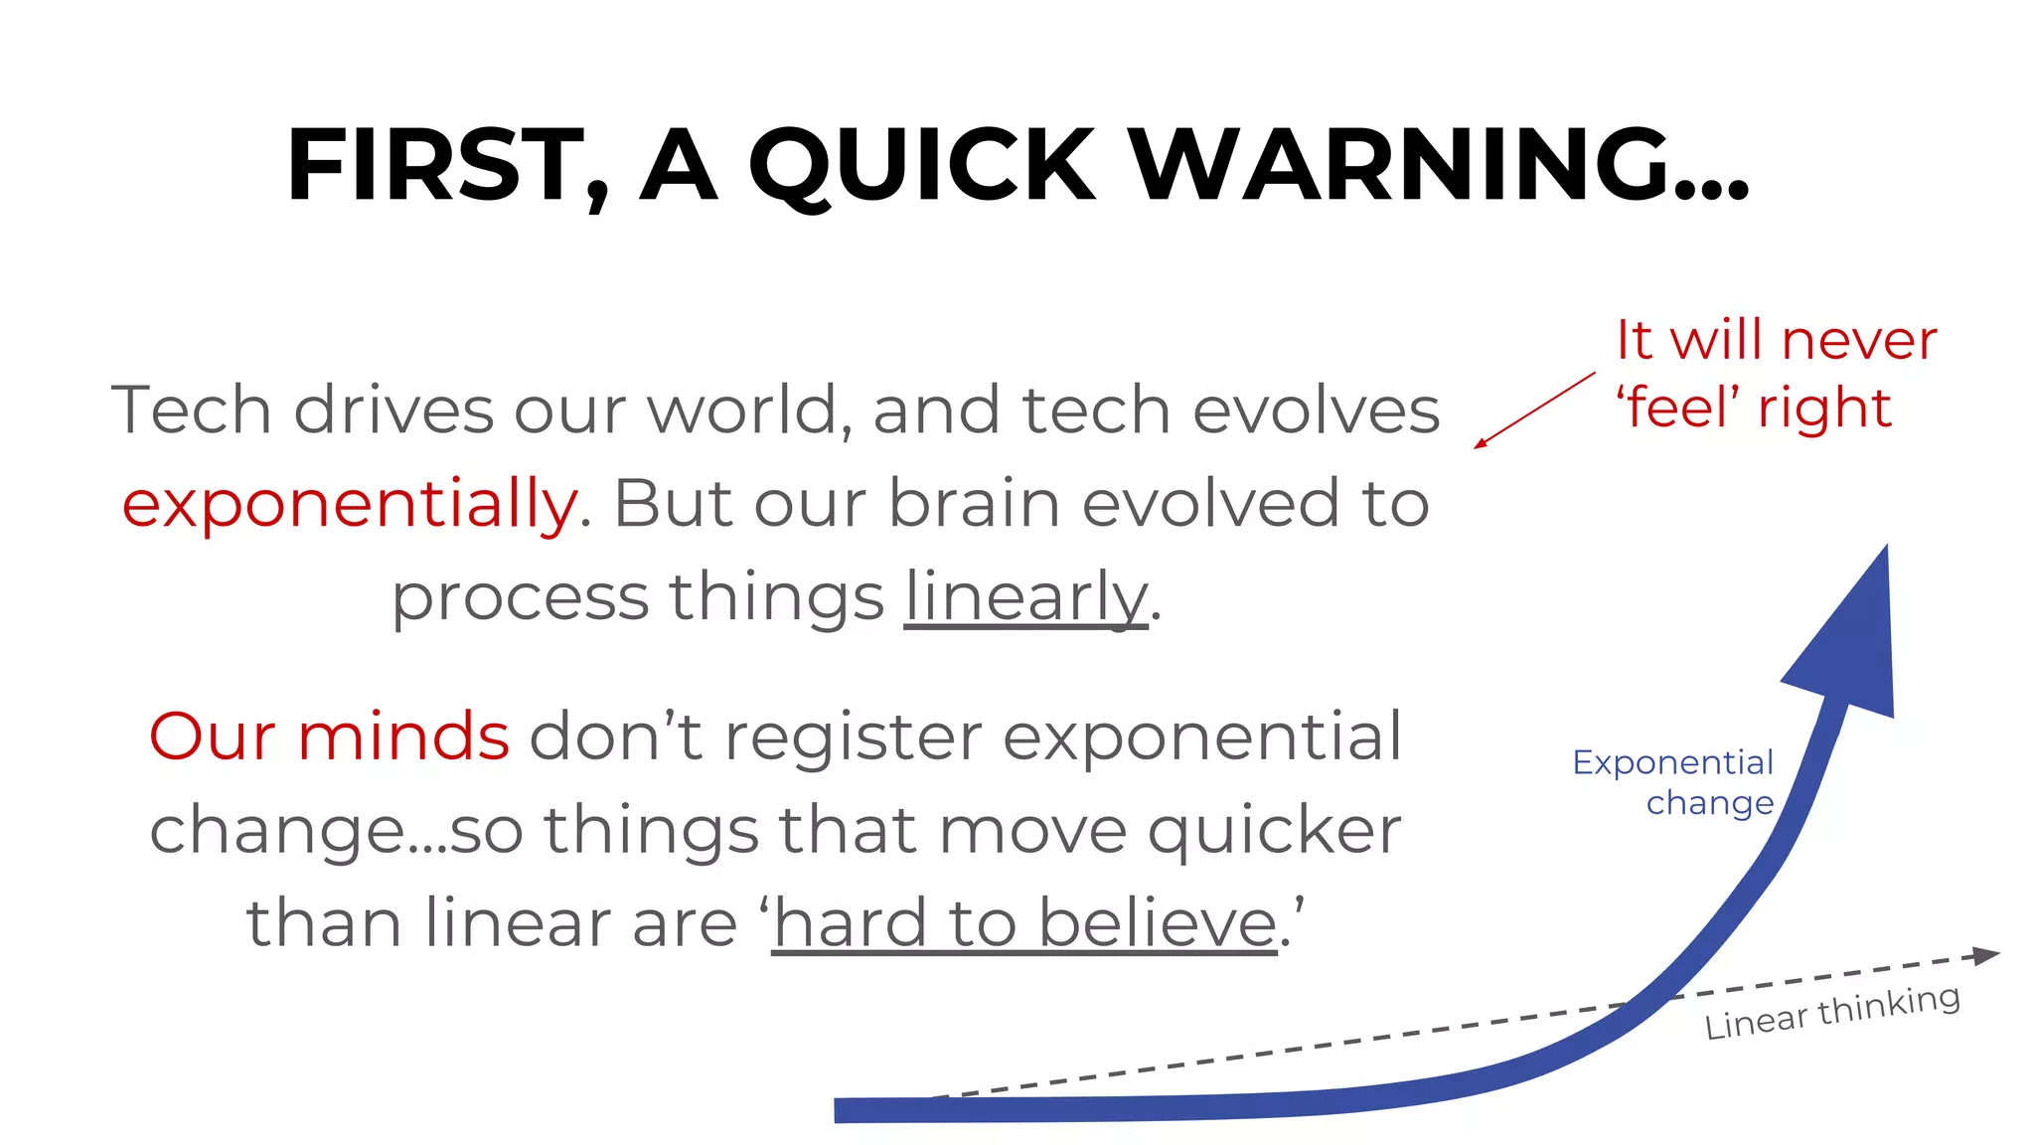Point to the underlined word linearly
[x=1025, y=598]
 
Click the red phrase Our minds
[x=329, y=736]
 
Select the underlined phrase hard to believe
[x=1024, y=923]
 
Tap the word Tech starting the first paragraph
[x=191, y=409]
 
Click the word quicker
[x=1275, y=830]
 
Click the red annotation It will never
[x=1776, y=341]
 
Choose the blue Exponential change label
[x=1673, y=782]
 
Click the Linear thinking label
[x=1832, y=1012]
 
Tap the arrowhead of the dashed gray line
[x=1985, y=955]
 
